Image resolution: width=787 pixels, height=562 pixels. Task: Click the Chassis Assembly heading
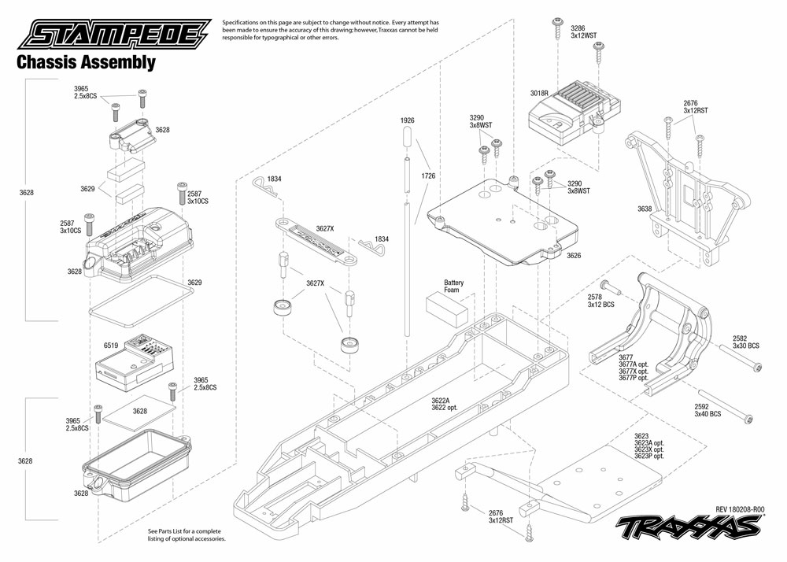[x=86, y=63]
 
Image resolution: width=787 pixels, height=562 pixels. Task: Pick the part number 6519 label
[x=110, y=345]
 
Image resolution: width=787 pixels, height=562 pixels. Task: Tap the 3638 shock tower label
[x=645, y=209]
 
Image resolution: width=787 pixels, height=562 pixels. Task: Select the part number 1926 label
[x=407, y=120]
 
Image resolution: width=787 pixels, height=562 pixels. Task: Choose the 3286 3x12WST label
[x=583, y=32]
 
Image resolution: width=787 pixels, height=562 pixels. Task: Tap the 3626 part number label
[x=574, y=256]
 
